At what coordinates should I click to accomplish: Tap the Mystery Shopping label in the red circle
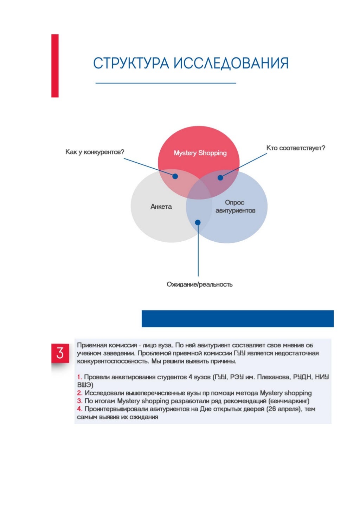coord(200,153)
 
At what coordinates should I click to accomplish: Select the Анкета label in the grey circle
coord(161,207)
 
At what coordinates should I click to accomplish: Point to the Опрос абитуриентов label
coord(235,207)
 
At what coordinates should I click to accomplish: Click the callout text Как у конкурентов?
coord(95,152)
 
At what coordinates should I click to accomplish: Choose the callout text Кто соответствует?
coord(296,148)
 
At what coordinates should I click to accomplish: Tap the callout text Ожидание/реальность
coord(199,284)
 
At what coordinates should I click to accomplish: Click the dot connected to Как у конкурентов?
coord(175,176)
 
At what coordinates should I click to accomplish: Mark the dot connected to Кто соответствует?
coord(220,178)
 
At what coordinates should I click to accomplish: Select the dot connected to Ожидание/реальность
coord(198,222)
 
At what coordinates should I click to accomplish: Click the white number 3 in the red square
coord(60,353)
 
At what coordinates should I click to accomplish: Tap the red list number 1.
coord(79,377)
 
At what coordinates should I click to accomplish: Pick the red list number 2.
coord(80,393)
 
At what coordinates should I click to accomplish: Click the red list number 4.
coord(80,409)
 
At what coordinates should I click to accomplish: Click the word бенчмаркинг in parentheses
coord(289,401)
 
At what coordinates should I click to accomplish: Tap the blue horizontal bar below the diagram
coord(237,319)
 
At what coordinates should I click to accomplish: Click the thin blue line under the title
coord(166,83)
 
